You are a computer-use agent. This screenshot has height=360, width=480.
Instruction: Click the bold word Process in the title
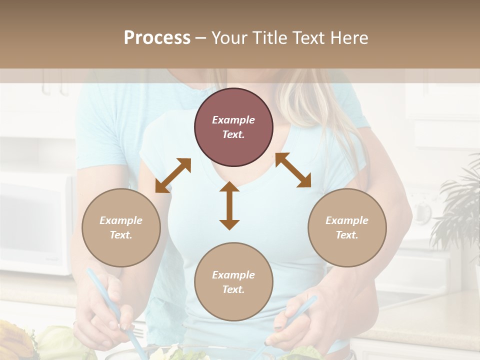tap(157, 38)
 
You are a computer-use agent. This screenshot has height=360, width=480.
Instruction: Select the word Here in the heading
tap(348, 38)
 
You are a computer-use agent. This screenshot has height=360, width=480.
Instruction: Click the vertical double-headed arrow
tap(229, 205)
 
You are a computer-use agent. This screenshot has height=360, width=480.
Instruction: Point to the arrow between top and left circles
tap(173, 175)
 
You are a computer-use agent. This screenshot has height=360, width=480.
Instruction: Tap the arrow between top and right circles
tap(293, 170)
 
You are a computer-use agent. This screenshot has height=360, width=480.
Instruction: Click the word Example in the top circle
tap(233, 120)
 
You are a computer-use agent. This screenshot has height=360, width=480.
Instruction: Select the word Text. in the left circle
tap(121, 235)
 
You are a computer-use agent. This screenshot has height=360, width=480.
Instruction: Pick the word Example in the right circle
tap(347, 220)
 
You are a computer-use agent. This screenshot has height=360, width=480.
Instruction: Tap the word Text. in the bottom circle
tap(233, 289)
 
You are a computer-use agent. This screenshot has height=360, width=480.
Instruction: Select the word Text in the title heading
tap(306, 38)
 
